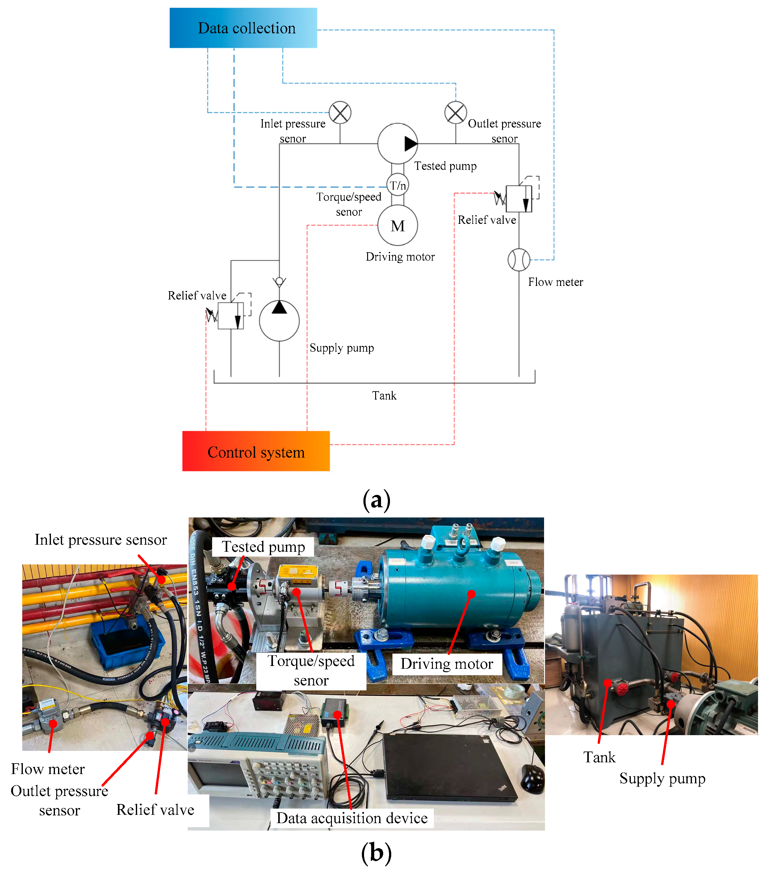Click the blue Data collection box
tap(243, 28)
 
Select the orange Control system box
tap(256, 451)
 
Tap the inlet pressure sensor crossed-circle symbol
tap(340, 112)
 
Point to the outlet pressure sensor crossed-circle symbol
tap(456, 112)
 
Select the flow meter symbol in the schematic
tap(519, 260)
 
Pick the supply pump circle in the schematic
tap(279, 320)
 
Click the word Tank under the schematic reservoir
tap(384, 396)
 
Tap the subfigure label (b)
tap(376, 853)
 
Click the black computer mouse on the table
tap(533, 779)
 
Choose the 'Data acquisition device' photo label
tap(352, 818)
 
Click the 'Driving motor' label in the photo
tap(447, 664)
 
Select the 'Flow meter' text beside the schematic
tap(555, 282)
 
